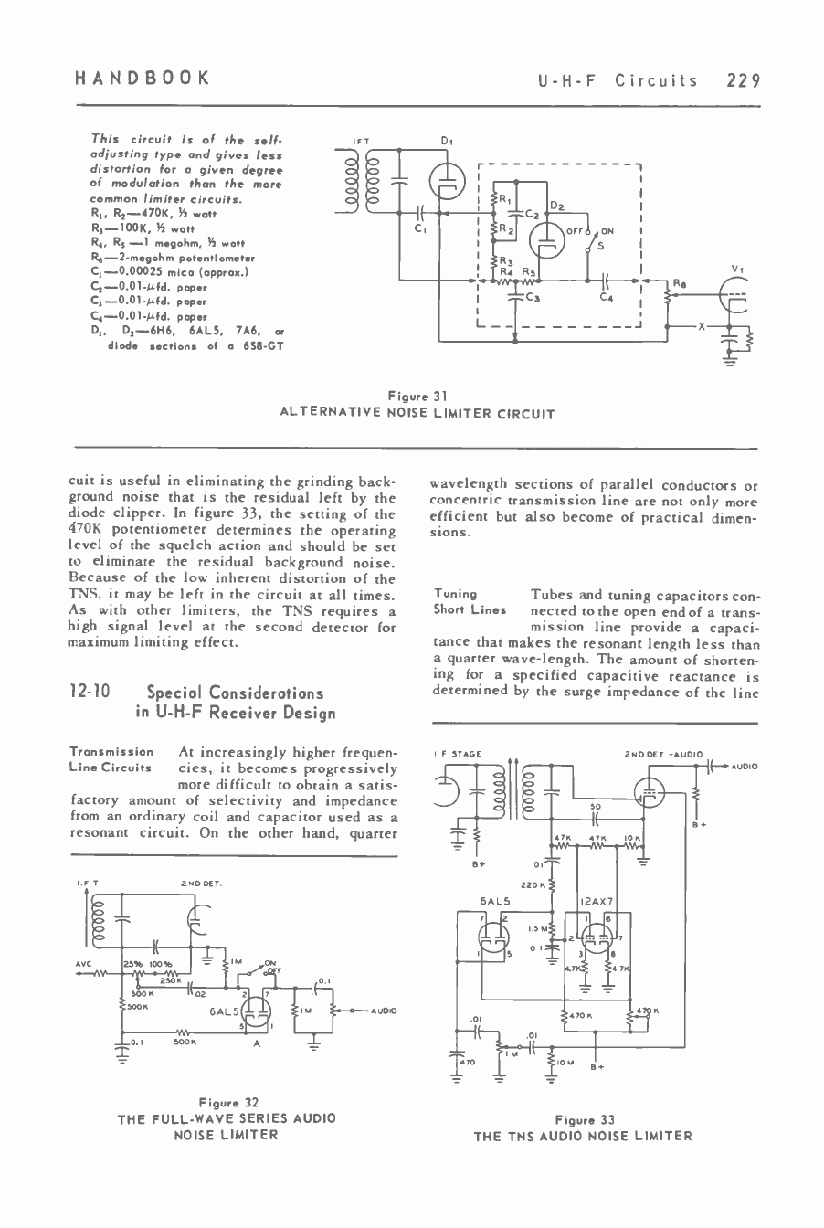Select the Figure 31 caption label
click(417, 397)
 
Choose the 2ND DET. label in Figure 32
click(197, 884)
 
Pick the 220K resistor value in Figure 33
click(533, 885)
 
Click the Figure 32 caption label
click(226, 1103)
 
